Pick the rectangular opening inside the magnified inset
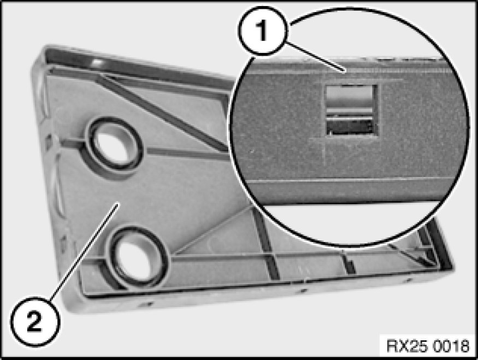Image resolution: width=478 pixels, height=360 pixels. tap(351, 110)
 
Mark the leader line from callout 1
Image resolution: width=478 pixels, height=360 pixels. tap(316, 57)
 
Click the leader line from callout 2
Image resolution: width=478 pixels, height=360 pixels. tap(84, 252)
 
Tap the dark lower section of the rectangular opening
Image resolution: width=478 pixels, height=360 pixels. tap(351, 127)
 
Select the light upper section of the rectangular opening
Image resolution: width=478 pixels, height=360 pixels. tap(350, 96)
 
